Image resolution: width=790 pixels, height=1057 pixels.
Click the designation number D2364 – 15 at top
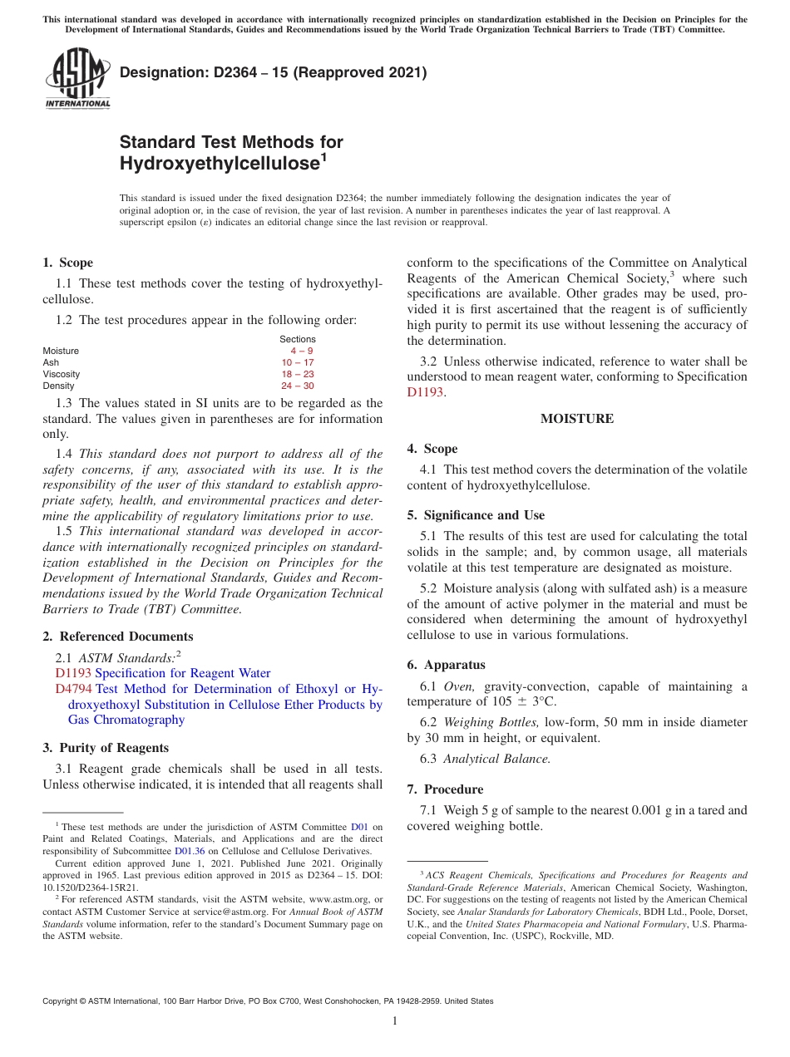pos(273,72)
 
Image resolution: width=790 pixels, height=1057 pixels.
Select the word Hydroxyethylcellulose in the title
pos(220,164)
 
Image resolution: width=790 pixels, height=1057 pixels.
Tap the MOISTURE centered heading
pos(576,419)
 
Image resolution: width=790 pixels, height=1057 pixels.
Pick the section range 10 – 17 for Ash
pos(297,362)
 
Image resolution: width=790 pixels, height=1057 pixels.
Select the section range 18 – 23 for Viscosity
pos(297,374)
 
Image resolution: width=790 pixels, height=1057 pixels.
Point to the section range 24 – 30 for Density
pos(297,386)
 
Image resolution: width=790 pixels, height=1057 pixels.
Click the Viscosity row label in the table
pos(62,374)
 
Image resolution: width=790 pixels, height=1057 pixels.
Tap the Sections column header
pos(297,339)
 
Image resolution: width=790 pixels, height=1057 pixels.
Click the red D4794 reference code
pos(73,689)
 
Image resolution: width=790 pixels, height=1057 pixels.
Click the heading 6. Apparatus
pos(446,665)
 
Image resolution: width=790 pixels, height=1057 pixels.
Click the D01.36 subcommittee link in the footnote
pos(189,851)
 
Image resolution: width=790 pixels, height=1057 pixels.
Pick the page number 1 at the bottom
pos(395,1020)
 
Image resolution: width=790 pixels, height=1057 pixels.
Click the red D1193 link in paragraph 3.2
pos(425,392)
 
